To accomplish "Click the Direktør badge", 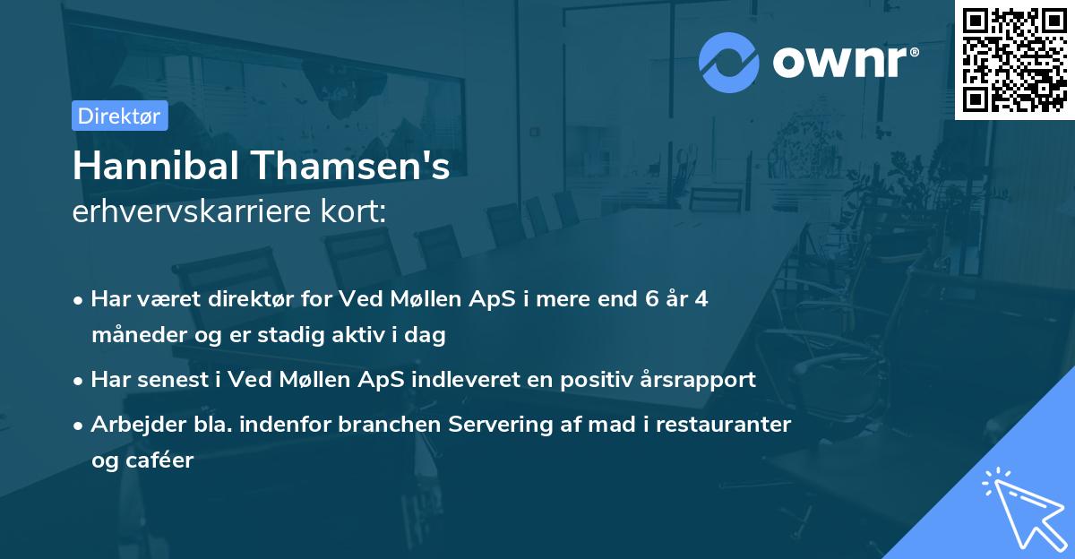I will point(119,116).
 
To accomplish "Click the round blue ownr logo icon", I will point(729,63).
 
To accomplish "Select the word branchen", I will point(376,425).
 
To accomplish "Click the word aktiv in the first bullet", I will point(363,336).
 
